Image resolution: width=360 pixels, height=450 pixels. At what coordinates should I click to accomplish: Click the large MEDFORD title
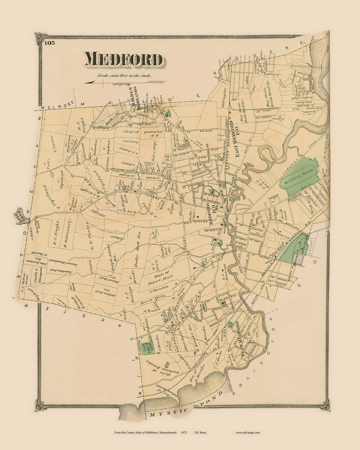(124, 59)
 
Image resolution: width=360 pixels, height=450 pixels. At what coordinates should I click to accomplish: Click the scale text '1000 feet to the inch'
(124, 76)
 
